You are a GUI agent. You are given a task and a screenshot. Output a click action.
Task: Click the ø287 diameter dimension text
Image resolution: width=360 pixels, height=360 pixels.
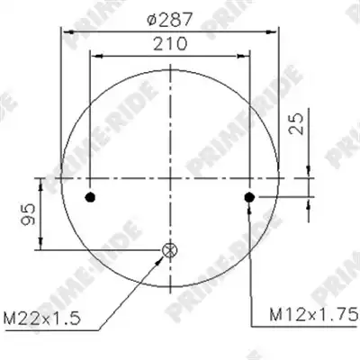coord(169,21)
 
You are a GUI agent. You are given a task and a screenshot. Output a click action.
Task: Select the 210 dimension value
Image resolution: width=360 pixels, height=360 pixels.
coord(170,44)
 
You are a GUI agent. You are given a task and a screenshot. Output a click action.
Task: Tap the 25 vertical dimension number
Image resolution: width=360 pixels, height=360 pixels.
coord(296,123)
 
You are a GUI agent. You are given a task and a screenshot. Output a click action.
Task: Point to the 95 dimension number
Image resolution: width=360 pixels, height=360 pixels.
coord(28,214)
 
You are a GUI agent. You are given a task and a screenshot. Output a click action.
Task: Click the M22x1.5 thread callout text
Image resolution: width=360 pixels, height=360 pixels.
coord(42,318)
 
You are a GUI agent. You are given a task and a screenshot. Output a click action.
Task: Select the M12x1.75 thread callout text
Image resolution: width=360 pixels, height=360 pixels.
coord(314,315)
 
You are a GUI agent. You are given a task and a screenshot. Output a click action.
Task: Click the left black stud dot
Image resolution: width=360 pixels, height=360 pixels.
coord(90,197)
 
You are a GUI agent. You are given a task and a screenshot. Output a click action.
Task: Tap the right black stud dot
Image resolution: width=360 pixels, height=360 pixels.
coord(249,197)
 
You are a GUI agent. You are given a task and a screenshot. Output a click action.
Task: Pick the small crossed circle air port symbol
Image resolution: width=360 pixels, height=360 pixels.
coord(170,250)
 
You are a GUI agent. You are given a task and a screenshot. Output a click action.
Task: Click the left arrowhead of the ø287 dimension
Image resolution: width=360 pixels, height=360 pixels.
coord(67,31)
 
